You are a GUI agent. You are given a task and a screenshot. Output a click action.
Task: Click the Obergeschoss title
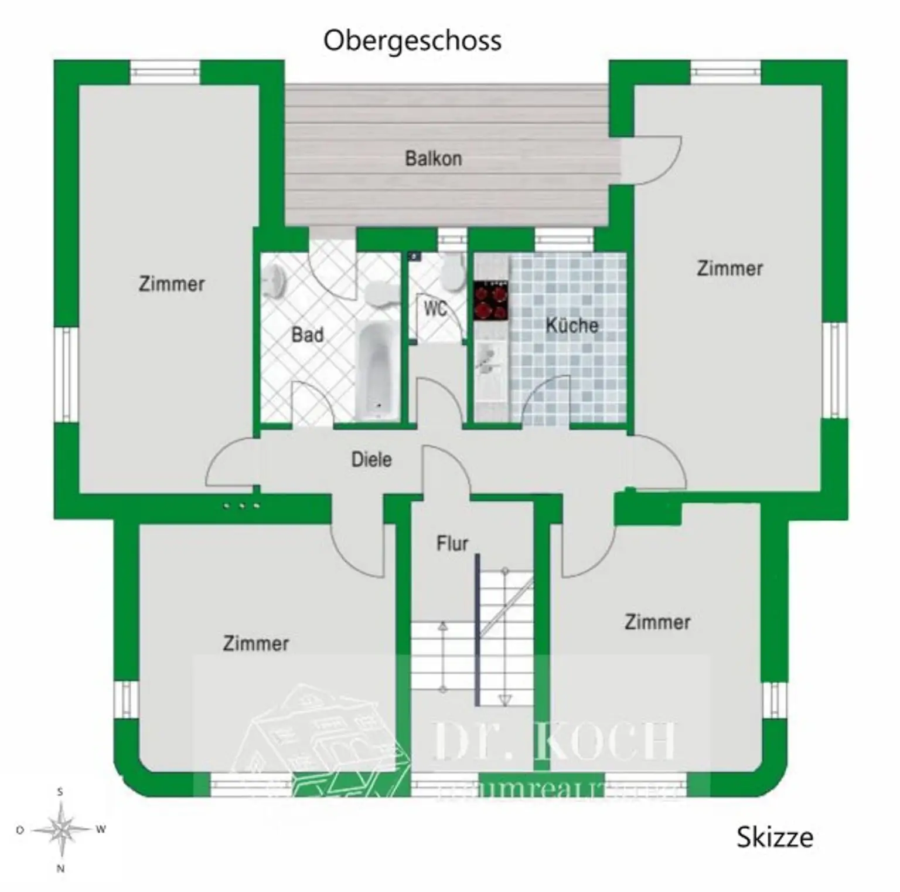(x=412, y=41)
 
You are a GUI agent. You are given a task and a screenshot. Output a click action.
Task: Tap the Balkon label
(x=434, y=158)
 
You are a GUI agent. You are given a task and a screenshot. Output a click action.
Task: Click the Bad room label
(x=308, y=335)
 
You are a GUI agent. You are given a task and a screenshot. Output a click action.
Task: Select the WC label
(x=435, y=308)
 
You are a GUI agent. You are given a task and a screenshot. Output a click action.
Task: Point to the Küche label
(x=572, y=325)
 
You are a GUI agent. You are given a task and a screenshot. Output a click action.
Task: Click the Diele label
(x=371, y=459)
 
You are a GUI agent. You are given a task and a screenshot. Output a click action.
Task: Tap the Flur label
(x=452, y=544)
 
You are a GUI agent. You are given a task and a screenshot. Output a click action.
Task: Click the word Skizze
(x=775, y=837)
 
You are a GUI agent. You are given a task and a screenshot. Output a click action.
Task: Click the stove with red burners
(x=491, y=301)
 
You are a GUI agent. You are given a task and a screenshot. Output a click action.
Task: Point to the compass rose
(x=61, y=829)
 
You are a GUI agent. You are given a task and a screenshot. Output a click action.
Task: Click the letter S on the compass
(x=60, y=792)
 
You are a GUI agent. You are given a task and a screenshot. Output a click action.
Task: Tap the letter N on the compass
(x=60, y=869)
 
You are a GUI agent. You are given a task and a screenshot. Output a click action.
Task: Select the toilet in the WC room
(x=452, y=271)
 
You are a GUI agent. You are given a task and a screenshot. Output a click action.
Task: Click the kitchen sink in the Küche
(x=487, y=359)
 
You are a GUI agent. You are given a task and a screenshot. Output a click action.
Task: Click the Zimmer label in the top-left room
(x=172, y=284)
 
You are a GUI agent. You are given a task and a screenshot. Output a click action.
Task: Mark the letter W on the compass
(x=100, y=829)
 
